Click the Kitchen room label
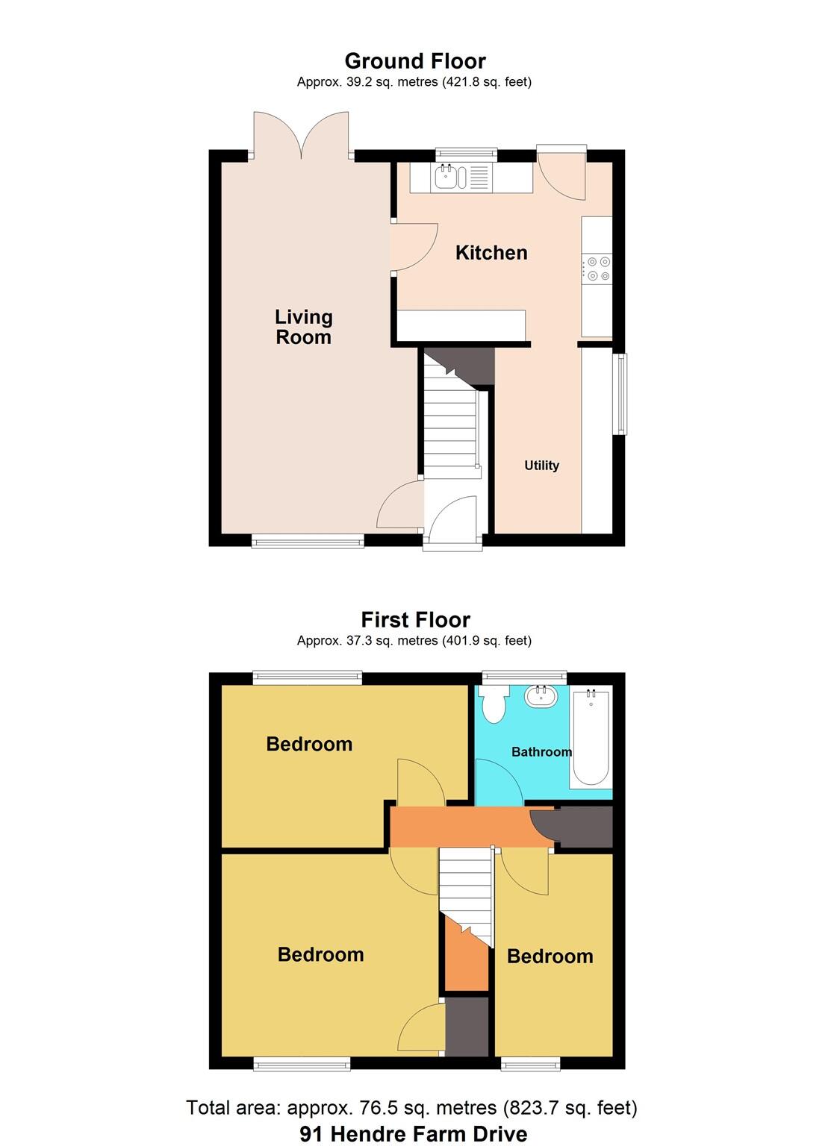click(491, 253)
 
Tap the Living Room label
click(303, 327)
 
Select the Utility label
click(541, 466)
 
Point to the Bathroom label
click(541, 751)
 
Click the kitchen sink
click(451, 178)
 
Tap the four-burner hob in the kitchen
click(598, 269)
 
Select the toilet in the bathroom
click(493, 704)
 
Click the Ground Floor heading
click(415, 61)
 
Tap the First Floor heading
click(415, 620)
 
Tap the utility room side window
click(620, 393)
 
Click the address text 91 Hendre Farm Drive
click(414, 1134)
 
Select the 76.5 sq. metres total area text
click(411, 1108)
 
